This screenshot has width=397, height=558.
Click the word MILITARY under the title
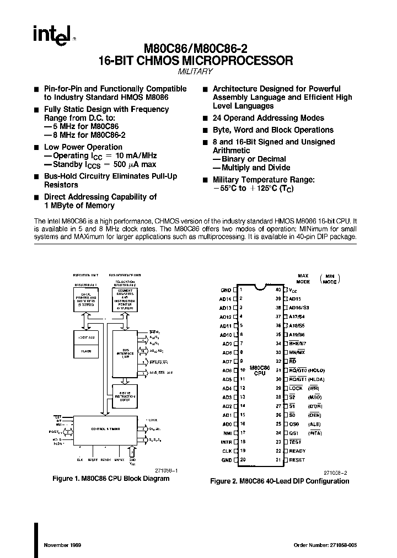195,72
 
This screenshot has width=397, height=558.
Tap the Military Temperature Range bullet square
205,180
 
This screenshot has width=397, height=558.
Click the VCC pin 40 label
293,290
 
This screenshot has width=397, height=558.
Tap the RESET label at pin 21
297,460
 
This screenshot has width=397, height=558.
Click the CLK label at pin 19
226,451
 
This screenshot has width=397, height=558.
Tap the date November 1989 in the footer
63,545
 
